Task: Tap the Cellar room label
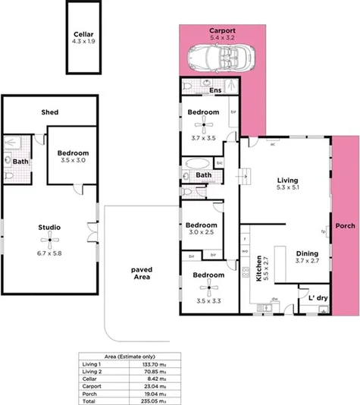pyautogui.click(x=83, y=35)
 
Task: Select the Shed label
pyautogui.click(x=50, y=112)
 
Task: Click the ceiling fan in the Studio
pyautogui.click(x=50, y=243)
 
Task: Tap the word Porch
pyautogui.click(x=346, y=226)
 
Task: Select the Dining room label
pyautogui.click(x=306, y=254)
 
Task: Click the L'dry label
pyautogui.click(x=318, y=298)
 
